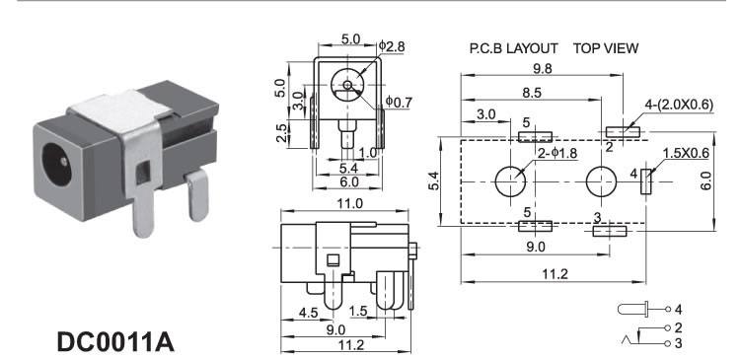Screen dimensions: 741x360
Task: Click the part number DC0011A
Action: click(x=115, y=342)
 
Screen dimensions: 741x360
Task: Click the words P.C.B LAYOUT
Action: click(x=513, y=48)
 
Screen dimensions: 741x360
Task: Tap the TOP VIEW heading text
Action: click(x=606, y=48)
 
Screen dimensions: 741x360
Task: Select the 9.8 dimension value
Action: click(x=542, y=68)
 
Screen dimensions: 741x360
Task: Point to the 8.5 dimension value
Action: click(x=532, y=93)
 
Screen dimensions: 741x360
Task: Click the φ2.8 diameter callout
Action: click(x=392, y=46)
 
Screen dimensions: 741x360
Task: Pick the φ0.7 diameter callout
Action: click(x=399, y=102)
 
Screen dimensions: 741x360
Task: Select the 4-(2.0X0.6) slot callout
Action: click(x=679, y=105)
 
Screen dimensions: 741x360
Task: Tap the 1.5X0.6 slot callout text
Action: click(x=686, y=154)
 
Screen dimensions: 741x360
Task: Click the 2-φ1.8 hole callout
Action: click(x=557, y=153)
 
